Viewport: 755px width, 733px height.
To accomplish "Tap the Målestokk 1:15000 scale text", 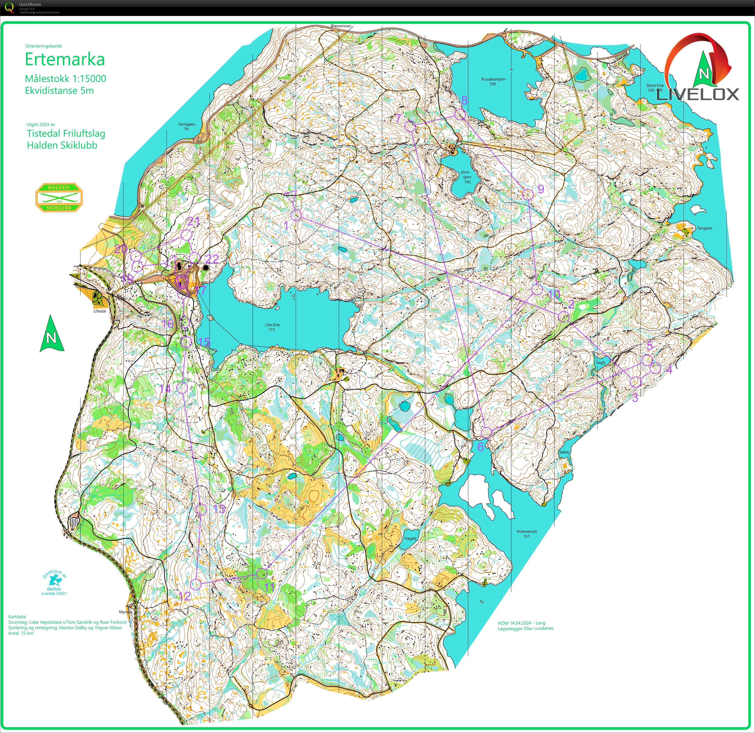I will pos(65,79).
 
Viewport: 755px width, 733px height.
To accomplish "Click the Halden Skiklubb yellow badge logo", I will pos(59,197).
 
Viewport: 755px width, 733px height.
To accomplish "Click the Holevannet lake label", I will pos(527,533).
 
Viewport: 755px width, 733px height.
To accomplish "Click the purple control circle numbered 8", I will pos(460,114).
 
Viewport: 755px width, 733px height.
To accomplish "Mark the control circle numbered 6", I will pos(486,432).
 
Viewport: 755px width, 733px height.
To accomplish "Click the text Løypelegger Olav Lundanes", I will pos(525,628).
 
